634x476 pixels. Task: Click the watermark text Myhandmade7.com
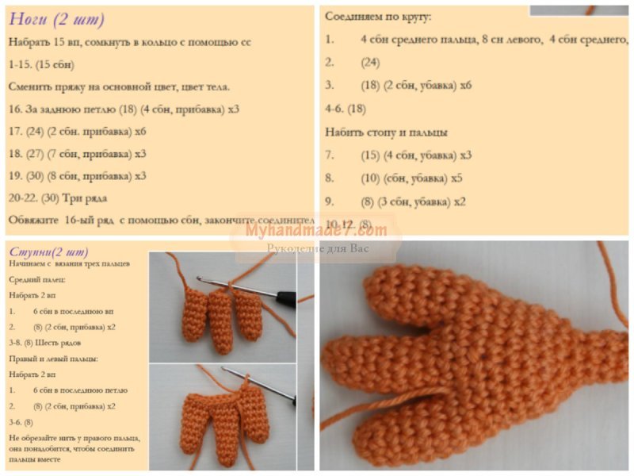[x=316, y=230]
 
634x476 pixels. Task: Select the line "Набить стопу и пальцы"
[x=386, y=132]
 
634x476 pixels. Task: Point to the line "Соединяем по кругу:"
[x=379, y=16]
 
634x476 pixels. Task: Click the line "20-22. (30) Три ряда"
[x=59, y=197]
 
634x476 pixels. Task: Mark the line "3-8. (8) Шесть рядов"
[x=45, y=343]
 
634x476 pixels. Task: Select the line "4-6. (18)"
[x=346, y=108]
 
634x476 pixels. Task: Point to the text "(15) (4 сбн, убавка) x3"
[x=415, y=155]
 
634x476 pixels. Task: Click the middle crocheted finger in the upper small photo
[x=221, y=321]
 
